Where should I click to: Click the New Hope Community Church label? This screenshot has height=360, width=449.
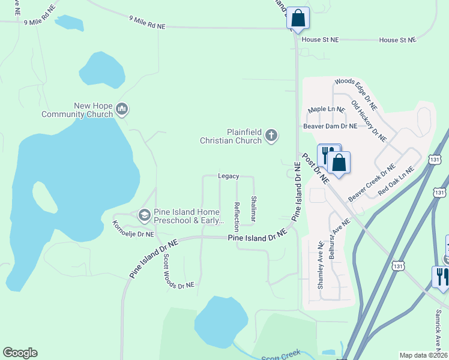pos(93,110)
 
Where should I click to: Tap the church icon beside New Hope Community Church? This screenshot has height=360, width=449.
pos(122,109)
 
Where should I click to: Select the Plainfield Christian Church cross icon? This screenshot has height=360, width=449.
pos(271,136)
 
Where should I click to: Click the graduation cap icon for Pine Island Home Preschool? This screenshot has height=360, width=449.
pos(144,214)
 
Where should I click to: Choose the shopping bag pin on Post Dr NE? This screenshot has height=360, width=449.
pos(339,163)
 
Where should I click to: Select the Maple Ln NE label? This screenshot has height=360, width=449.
pos(327,110)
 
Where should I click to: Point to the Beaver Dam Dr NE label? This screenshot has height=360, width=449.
pos(330,126)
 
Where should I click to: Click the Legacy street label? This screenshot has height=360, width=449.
pos(228,176)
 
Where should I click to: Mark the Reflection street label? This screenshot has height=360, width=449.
pos(237,216)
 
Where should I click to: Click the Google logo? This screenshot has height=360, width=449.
pos(20,353)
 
